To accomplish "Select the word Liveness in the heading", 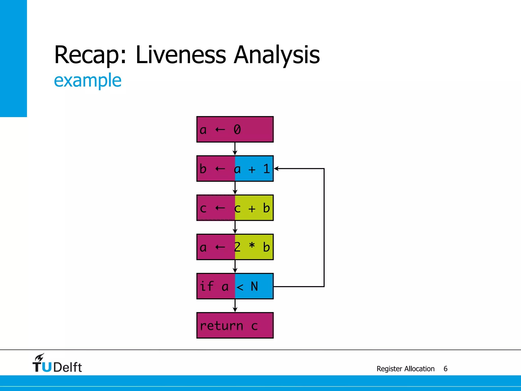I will (181, 54).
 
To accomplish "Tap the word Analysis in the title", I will (277, 55).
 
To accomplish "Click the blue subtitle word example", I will (88, 80).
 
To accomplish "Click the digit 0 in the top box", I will (237, 130).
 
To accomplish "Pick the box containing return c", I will (235, 325).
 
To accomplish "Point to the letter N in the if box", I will (254, 286).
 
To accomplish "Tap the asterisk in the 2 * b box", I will (252, 246).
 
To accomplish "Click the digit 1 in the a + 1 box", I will (266, 169).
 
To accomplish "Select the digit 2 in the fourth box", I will (237, 247).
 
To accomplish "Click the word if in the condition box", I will (207, 286).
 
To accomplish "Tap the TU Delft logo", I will (57, 364).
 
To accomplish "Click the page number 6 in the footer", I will (445, 369).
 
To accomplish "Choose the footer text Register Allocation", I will (406, 369).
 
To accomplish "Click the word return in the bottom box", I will (222, 326).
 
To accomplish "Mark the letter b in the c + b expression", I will (266, 208).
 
